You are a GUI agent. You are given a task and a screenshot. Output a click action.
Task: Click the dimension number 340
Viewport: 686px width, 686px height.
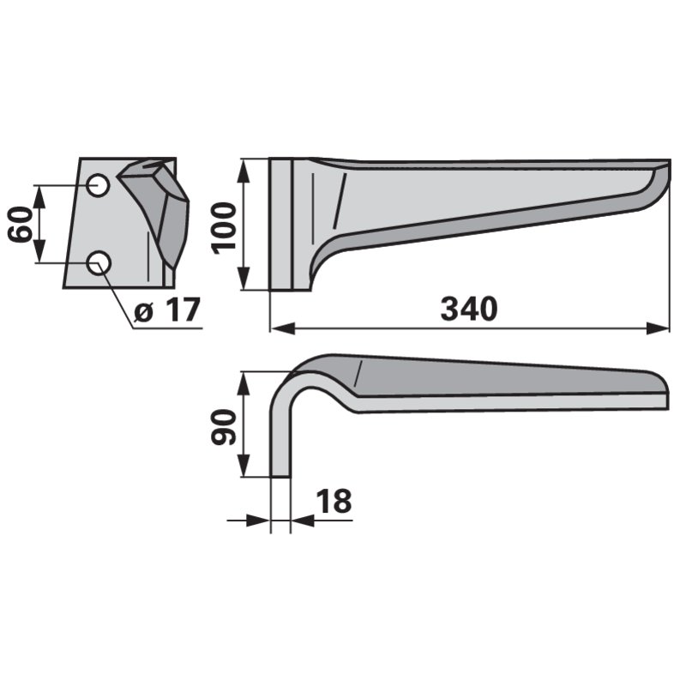(x=468, y=309)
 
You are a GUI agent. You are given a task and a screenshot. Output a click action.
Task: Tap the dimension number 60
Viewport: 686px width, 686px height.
(x=21, y=224)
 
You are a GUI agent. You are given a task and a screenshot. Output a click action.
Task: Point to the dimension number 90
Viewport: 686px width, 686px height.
(x=223, y=426)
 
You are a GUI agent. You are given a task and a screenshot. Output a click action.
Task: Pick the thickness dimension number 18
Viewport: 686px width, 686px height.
(x=334, y=502)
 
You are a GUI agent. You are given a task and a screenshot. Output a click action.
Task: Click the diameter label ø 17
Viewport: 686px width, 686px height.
(x=166, y=310)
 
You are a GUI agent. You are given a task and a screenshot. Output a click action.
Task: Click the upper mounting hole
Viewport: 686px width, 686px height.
(x=98, y=185)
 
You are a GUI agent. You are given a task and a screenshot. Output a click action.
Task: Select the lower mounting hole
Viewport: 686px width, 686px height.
(x=99, y=263)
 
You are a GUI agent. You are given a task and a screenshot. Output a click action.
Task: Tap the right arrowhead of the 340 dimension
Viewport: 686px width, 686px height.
(x=658, y=328)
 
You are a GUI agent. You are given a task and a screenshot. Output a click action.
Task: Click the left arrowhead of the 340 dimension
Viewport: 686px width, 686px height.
(x=283, y=328)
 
